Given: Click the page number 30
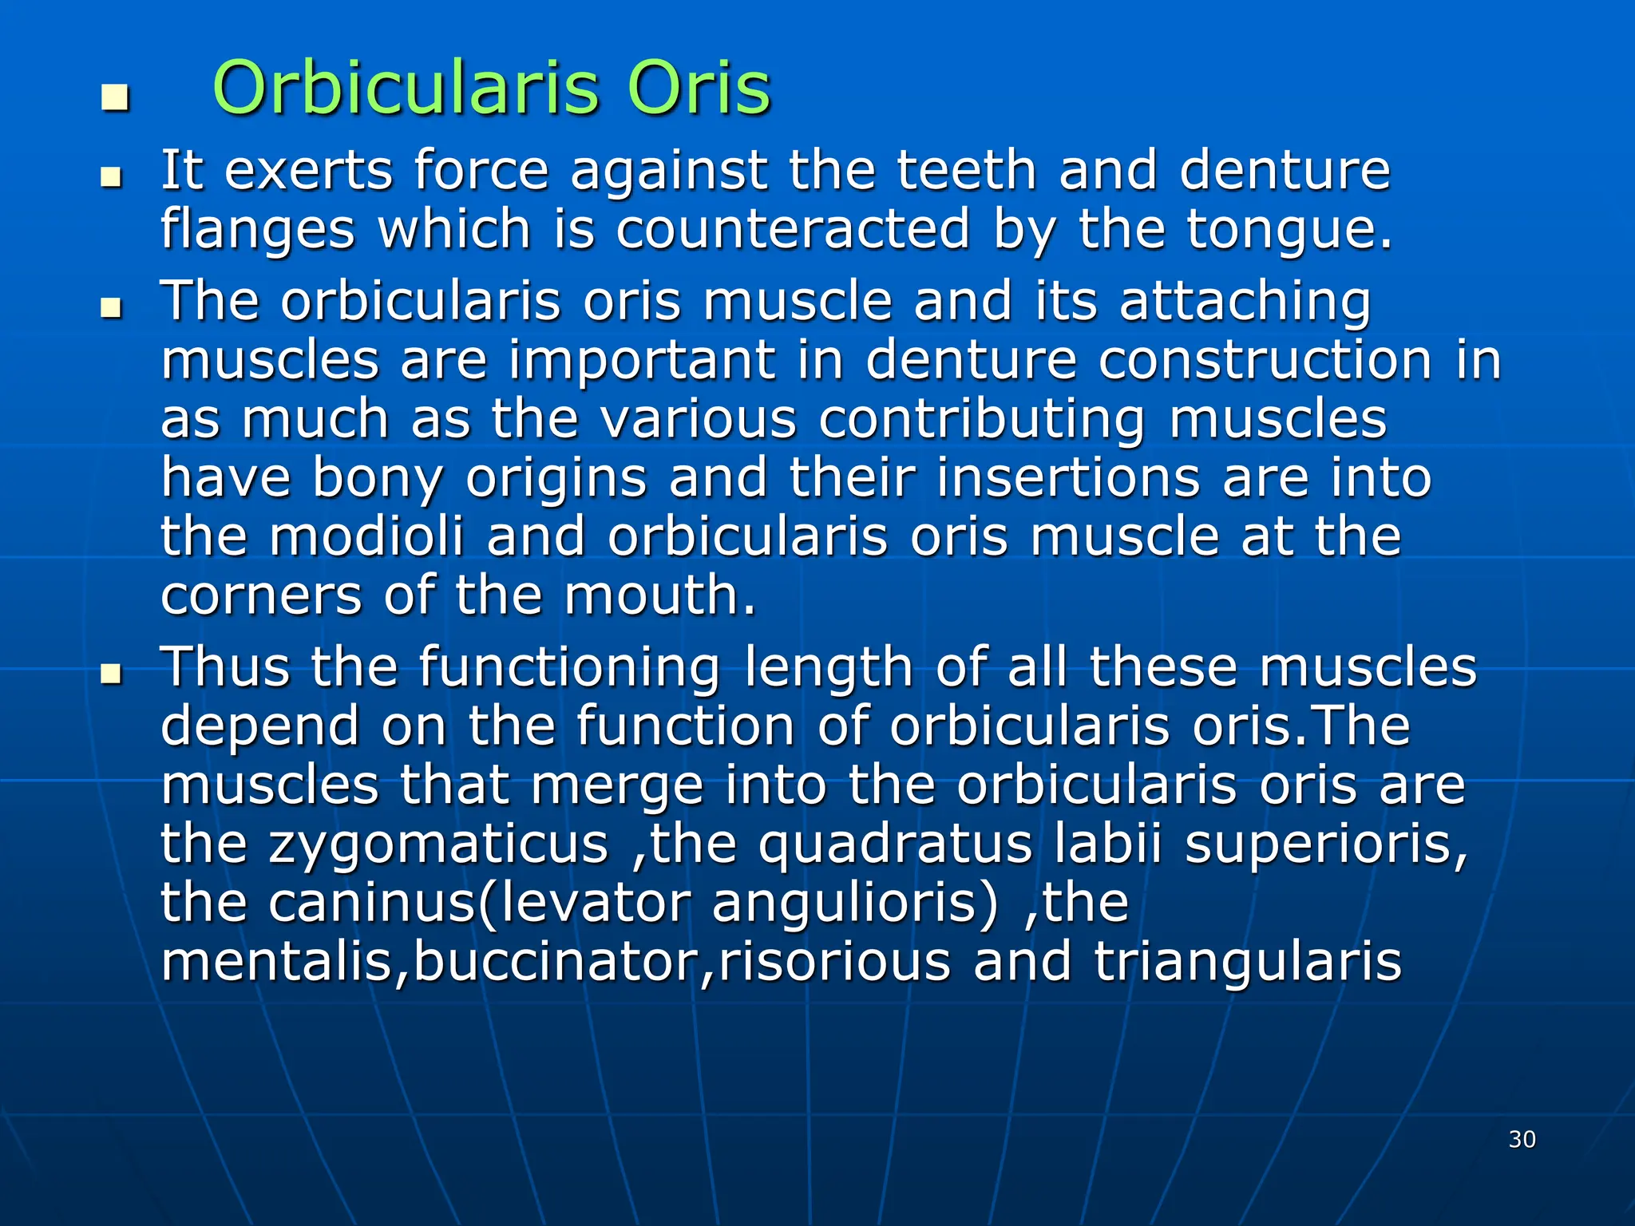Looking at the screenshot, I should [1522, 1139].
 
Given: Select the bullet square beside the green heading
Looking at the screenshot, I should [115, 98].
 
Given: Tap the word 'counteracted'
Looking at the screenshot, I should [793, 230].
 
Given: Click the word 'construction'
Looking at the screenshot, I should [1265, 360].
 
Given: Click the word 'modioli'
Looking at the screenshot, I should [366, 536].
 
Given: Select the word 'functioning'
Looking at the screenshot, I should [569, 668].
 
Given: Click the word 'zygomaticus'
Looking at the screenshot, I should [438, 844].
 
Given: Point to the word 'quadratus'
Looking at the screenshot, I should [895, 844].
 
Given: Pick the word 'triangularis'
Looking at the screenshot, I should [1247, 961].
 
